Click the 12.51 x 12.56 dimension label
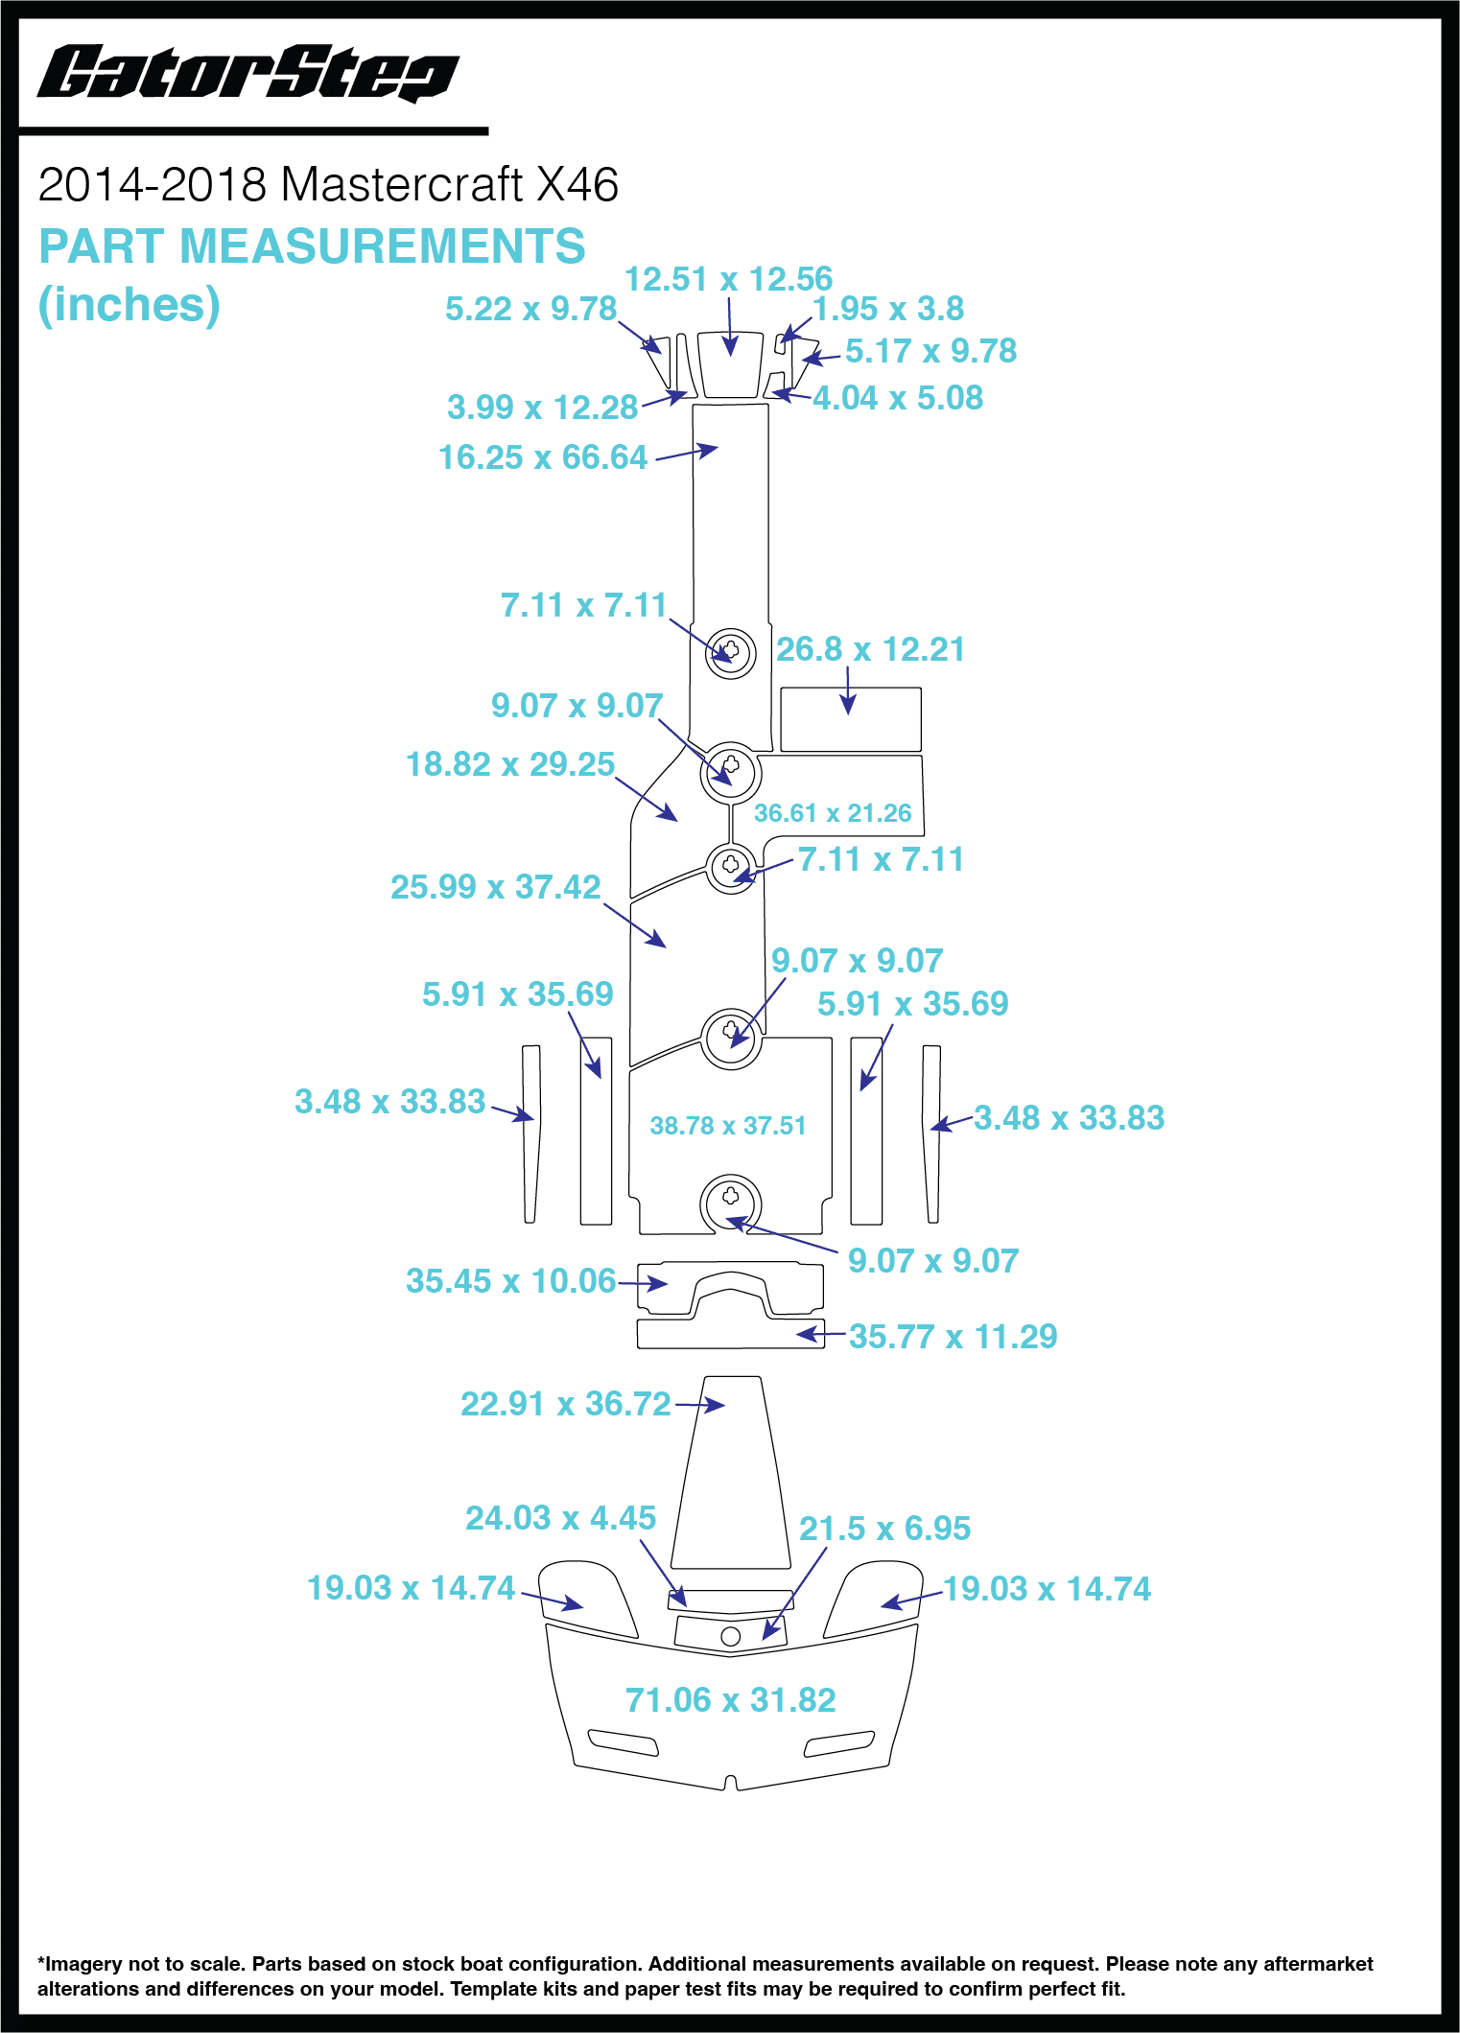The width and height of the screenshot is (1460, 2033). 728,279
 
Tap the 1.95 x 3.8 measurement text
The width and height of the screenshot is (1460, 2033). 888,309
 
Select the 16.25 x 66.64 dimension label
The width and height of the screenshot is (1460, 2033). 543,457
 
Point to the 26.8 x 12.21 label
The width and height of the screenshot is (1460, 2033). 870,649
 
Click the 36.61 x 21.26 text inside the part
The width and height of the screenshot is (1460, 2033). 833,813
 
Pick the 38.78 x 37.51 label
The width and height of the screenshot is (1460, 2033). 728,1125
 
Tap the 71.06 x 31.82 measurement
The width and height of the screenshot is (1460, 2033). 731,1700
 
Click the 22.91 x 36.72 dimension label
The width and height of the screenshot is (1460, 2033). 566,1404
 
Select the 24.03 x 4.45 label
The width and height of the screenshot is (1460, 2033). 560,1518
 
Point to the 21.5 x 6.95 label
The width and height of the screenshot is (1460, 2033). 884,1529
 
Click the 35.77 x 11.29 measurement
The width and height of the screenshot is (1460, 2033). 953,1337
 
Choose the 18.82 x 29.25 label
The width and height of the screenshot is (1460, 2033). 510,764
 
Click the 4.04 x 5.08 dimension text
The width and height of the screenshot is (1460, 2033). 898,398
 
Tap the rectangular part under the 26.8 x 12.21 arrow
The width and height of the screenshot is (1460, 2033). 851,719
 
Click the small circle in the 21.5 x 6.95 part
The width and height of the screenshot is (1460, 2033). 730,1636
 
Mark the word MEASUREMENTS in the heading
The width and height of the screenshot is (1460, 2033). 382,246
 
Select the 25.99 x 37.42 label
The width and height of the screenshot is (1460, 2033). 496,887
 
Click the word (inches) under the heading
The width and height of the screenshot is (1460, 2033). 130,305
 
